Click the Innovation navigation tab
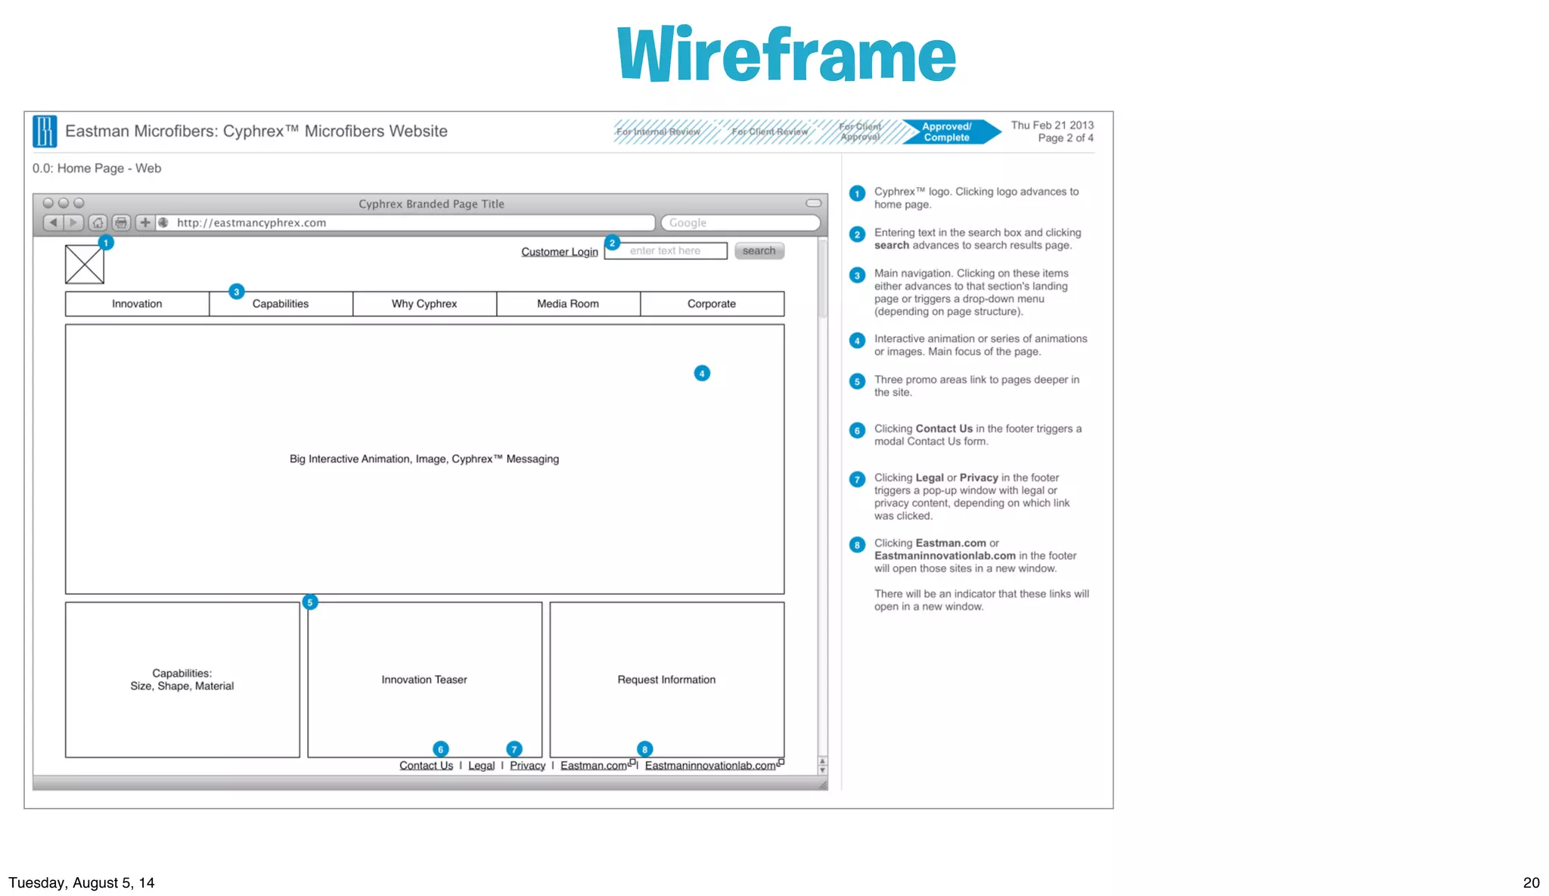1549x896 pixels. tap(137, 303)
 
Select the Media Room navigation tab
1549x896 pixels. tap(568, 303)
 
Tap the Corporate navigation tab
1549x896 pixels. tap(712, 303)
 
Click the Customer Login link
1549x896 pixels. tap(559, 252)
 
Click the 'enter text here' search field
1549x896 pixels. tap(666, 251)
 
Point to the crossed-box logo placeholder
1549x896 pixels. tap(85, 265)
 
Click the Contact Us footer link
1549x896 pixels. tap(426, 766)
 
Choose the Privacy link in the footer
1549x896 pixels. tap(527, 766)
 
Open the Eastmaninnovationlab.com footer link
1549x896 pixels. tap(710, 766)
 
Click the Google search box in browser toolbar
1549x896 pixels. tap(740, 223)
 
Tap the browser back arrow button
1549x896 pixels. tap(53, 222)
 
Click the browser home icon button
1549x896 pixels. tap(98, 223)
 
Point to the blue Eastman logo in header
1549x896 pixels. tap(45, 132)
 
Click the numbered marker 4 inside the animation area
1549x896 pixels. tap(702, 373)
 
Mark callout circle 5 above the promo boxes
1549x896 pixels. tap(309, 602)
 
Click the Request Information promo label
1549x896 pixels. tap(666, 680)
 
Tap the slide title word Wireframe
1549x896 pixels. tap(787, 54)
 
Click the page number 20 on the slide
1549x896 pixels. tap(1531, 882)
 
